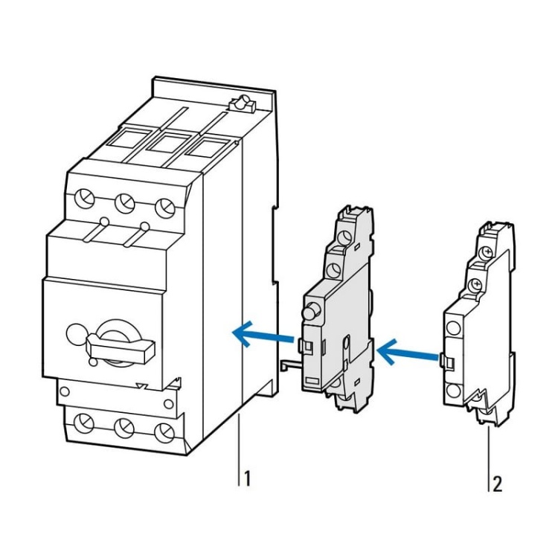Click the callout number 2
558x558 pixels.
coord(497,484)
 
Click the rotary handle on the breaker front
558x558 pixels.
coord(119,345)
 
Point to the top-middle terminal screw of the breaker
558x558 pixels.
coord(124,202)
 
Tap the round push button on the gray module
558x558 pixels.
coord(311,310)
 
